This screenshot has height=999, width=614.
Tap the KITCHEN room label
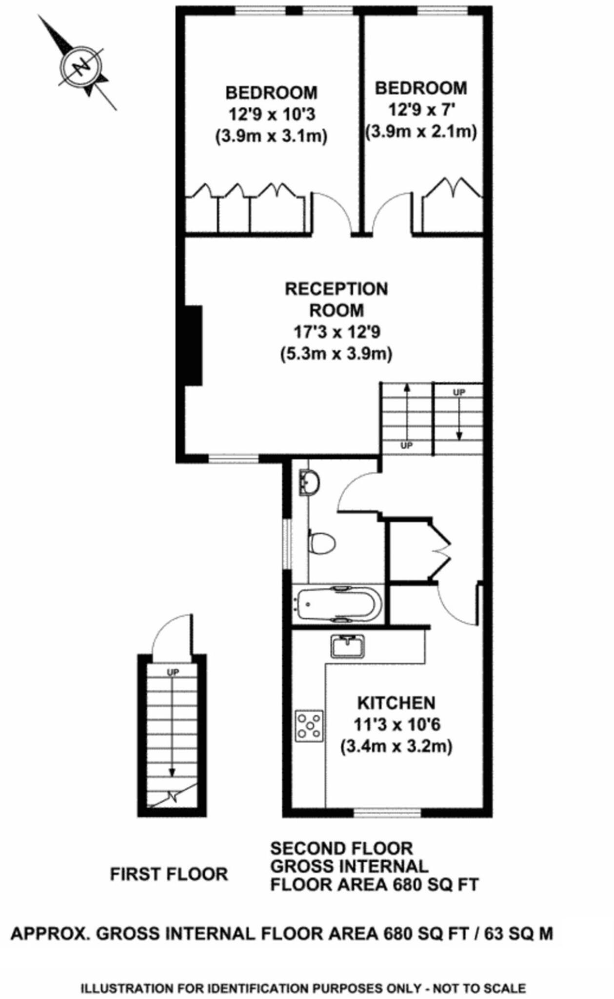396,703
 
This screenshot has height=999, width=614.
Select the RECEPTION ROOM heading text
337,299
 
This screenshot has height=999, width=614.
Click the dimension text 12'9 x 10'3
272,114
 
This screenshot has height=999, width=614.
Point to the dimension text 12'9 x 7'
421,110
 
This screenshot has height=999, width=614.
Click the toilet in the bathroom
322,542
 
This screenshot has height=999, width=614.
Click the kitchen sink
347,646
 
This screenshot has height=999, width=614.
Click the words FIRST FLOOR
169,874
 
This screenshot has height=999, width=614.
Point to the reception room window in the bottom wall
233,458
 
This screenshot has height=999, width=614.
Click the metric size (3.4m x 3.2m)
396,746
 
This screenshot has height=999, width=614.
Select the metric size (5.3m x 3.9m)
337,354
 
